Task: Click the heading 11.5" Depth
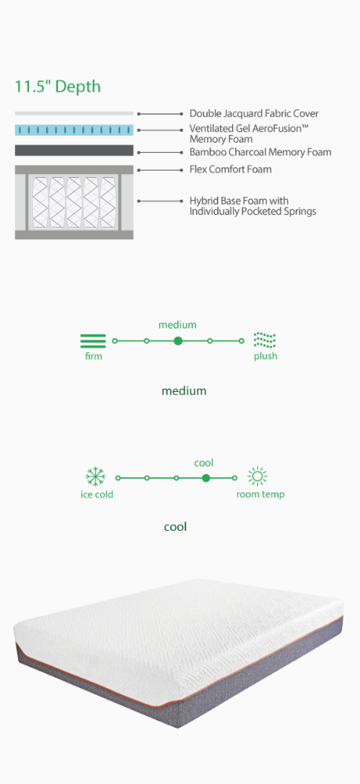[57, 86]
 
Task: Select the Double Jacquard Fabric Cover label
[254, 114]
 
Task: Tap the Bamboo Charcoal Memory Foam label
[260, 152]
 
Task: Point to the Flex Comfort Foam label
[231, 169]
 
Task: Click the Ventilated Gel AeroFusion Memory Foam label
[249, 133]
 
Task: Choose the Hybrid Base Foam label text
[253, 206]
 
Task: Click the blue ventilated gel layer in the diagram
[74, 130]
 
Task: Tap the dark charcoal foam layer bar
[74, 151]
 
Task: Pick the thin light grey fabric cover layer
[74, 114]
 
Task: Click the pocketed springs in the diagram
[74, 201]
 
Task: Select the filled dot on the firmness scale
[178, 341]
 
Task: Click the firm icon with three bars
[93, 340]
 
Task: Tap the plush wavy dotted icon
[264, 340]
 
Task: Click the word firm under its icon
[93, 357]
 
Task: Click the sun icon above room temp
[257, 477]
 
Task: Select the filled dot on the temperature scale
[205, 478]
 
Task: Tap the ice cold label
[97, 495]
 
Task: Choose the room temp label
[260, 495]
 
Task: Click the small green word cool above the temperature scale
[203, 463]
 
